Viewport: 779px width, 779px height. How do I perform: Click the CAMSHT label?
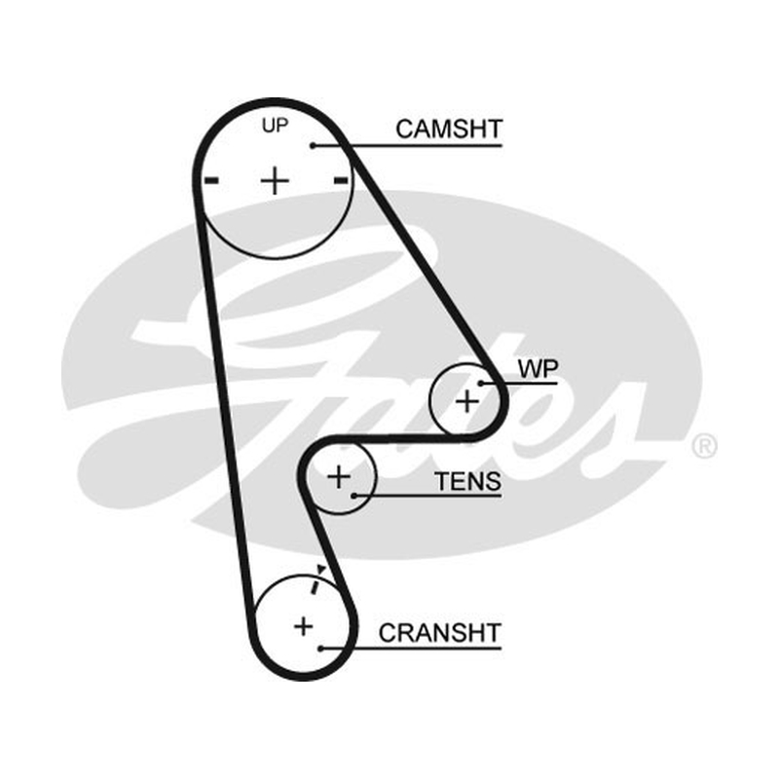[x=449, y=130]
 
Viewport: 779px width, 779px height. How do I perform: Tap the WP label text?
[x=538, y=369]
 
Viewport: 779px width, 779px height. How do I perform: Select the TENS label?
[x=467, y=481]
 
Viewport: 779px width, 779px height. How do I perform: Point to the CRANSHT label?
[x=439, y=633]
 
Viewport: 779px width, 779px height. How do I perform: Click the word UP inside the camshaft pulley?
[x=275, y=126]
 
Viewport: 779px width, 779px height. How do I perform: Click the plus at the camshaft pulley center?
[x=275, y=180]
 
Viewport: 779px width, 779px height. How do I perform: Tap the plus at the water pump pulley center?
[x=467, y=400]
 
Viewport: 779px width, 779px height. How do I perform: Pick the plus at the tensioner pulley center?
[x=339, y=477]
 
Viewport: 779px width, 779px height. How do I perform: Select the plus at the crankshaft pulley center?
[x=304, y=626]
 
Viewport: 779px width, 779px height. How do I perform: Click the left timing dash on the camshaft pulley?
[x=212, y=180]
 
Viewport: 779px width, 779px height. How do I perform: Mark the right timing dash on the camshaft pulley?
[x=340, y=180]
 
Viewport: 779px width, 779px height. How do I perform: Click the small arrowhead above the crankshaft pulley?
[x=321, y=569]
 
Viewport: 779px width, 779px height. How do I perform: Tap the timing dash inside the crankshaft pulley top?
[x=315, y=587]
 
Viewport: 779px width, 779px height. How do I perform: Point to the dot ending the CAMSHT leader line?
[x=313, y=145]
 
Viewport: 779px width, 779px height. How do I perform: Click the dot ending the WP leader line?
[x=481, y=384]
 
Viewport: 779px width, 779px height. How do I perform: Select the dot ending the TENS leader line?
[x=353, y=496]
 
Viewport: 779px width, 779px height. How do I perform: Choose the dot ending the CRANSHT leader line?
[x=321, y=649]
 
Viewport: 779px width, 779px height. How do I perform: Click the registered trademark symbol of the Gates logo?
[x=704, y=446]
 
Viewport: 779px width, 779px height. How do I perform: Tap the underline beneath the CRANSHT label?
[x=411, y=649]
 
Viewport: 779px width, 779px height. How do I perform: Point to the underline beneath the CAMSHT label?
[x=408, y=145]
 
